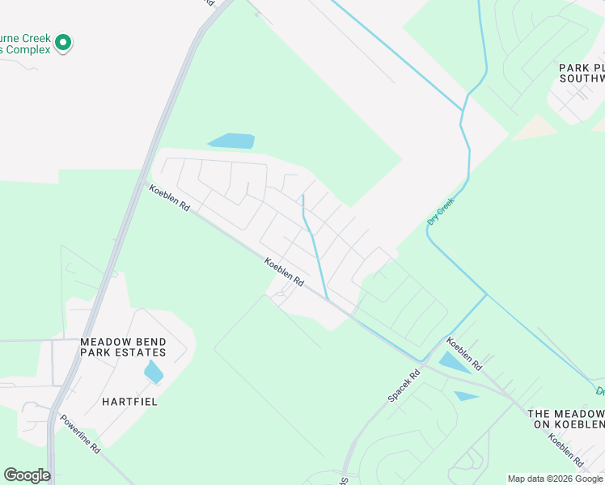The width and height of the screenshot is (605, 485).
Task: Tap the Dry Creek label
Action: (441, 210)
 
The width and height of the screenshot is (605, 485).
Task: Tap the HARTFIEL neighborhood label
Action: (129, 401)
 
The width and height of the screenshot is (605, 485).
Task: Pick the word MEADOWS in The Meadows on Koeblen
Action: (579, 413)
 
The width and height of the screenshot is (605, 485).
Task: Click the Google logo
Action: (27, 475)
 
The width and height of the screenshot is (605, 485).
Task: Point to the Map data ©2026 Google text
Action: (555, 479)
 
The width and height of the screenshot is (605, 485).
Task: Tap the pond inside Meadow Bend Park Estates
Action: (153, 372)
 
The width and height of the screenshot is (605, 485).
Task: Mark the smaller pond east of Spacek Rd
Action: (466, 396)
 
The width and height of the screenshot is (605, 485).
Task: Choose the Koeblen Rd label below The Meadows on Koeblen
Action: (566, 451)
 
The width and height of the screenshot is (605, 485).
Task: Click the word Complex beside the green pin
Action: (30, 50)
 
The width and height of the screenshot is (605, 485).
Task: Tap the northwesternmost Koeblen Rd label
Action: (169, 199)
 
